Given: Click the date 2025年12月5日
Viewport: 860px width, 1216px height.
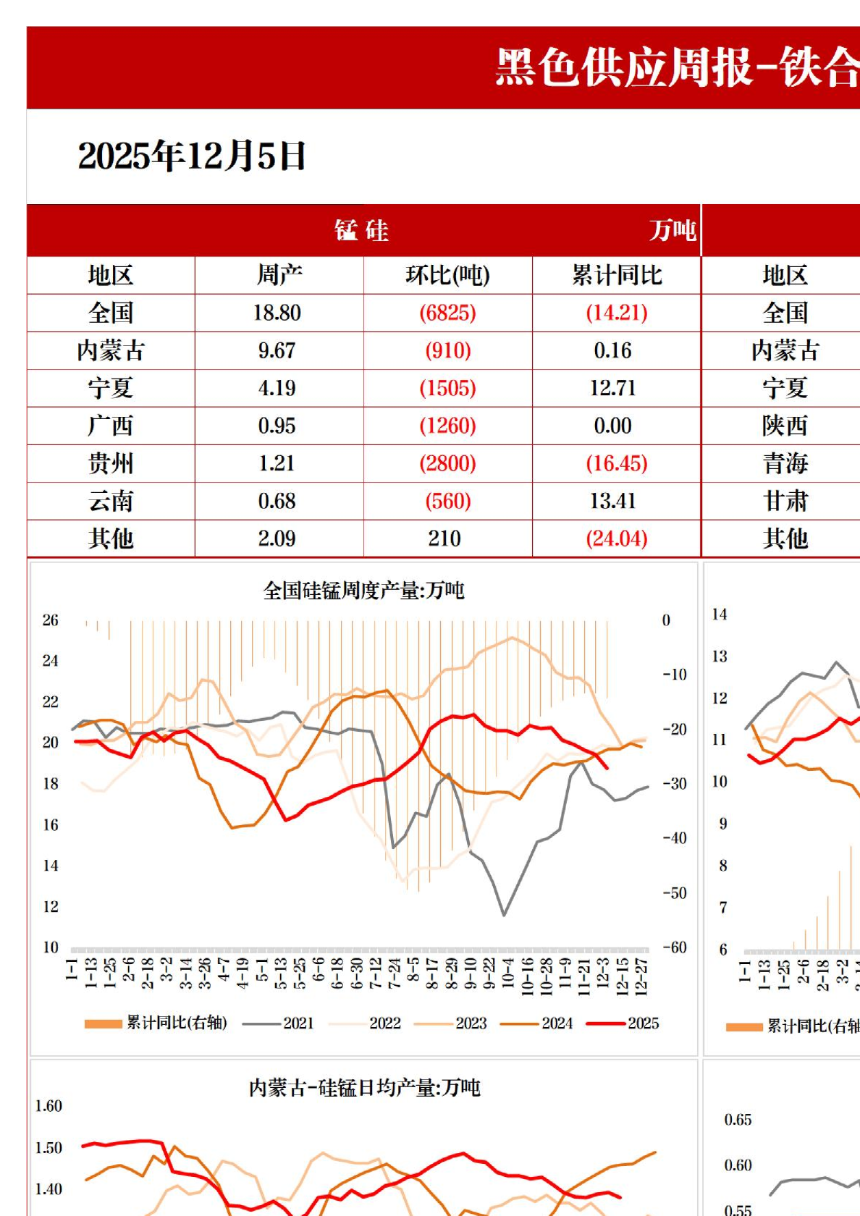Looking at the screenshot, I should tap(192, 156).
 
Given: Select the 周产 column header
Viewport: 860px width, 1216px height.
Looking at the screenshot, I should tap(279, 276).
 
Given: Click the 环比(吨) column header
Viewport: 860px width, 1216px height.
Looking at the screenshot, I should tap(447, 276).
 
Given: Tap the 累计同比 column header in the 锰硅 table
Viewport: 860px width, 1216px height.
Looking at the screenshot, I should tap(617, 276).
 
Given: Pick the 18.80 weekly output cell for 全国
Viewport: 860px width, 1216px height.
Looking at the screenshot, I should tap(277, 313).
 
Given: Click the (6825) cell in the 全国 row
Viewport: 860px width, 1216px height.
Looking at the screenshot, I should tap(447, 313).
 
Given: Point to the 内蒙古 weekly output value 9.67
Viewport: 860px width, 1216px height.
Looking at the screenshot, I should tap(277, 350).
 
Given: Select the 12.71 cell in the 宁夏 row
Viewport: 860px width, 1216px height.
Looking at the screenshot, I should tap(612, 388).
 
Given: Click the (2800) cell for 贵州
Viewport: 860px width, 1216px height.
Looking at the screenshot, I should tap(447, 463).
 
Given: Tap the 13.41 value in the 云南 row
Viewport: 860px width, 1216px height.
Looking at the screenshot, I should tap(612, 501).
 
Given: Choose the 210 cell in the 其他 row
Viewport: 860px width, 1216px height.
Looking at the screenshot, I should tap(444, 539).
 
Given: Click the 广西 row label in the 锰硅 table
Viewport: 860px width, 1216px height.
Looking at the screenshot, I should tap(111, 426).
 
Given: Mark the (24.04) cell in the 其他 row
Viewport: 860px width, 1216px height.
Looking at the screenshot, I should tap(617, 539).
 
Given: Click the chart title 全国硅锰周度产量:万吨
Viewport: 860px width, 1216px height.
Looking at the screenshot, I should tap(363, 591).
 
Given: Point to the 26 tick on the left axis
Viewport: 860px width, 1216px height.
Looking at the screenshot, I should tap(50, 620).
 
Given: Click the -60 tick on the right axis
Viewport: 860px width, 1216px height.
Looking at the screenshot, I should tap(675, 947).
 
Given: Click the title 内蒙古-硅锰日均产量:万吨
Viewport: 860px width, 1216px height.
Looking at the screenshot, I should tap(364, 1088).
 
